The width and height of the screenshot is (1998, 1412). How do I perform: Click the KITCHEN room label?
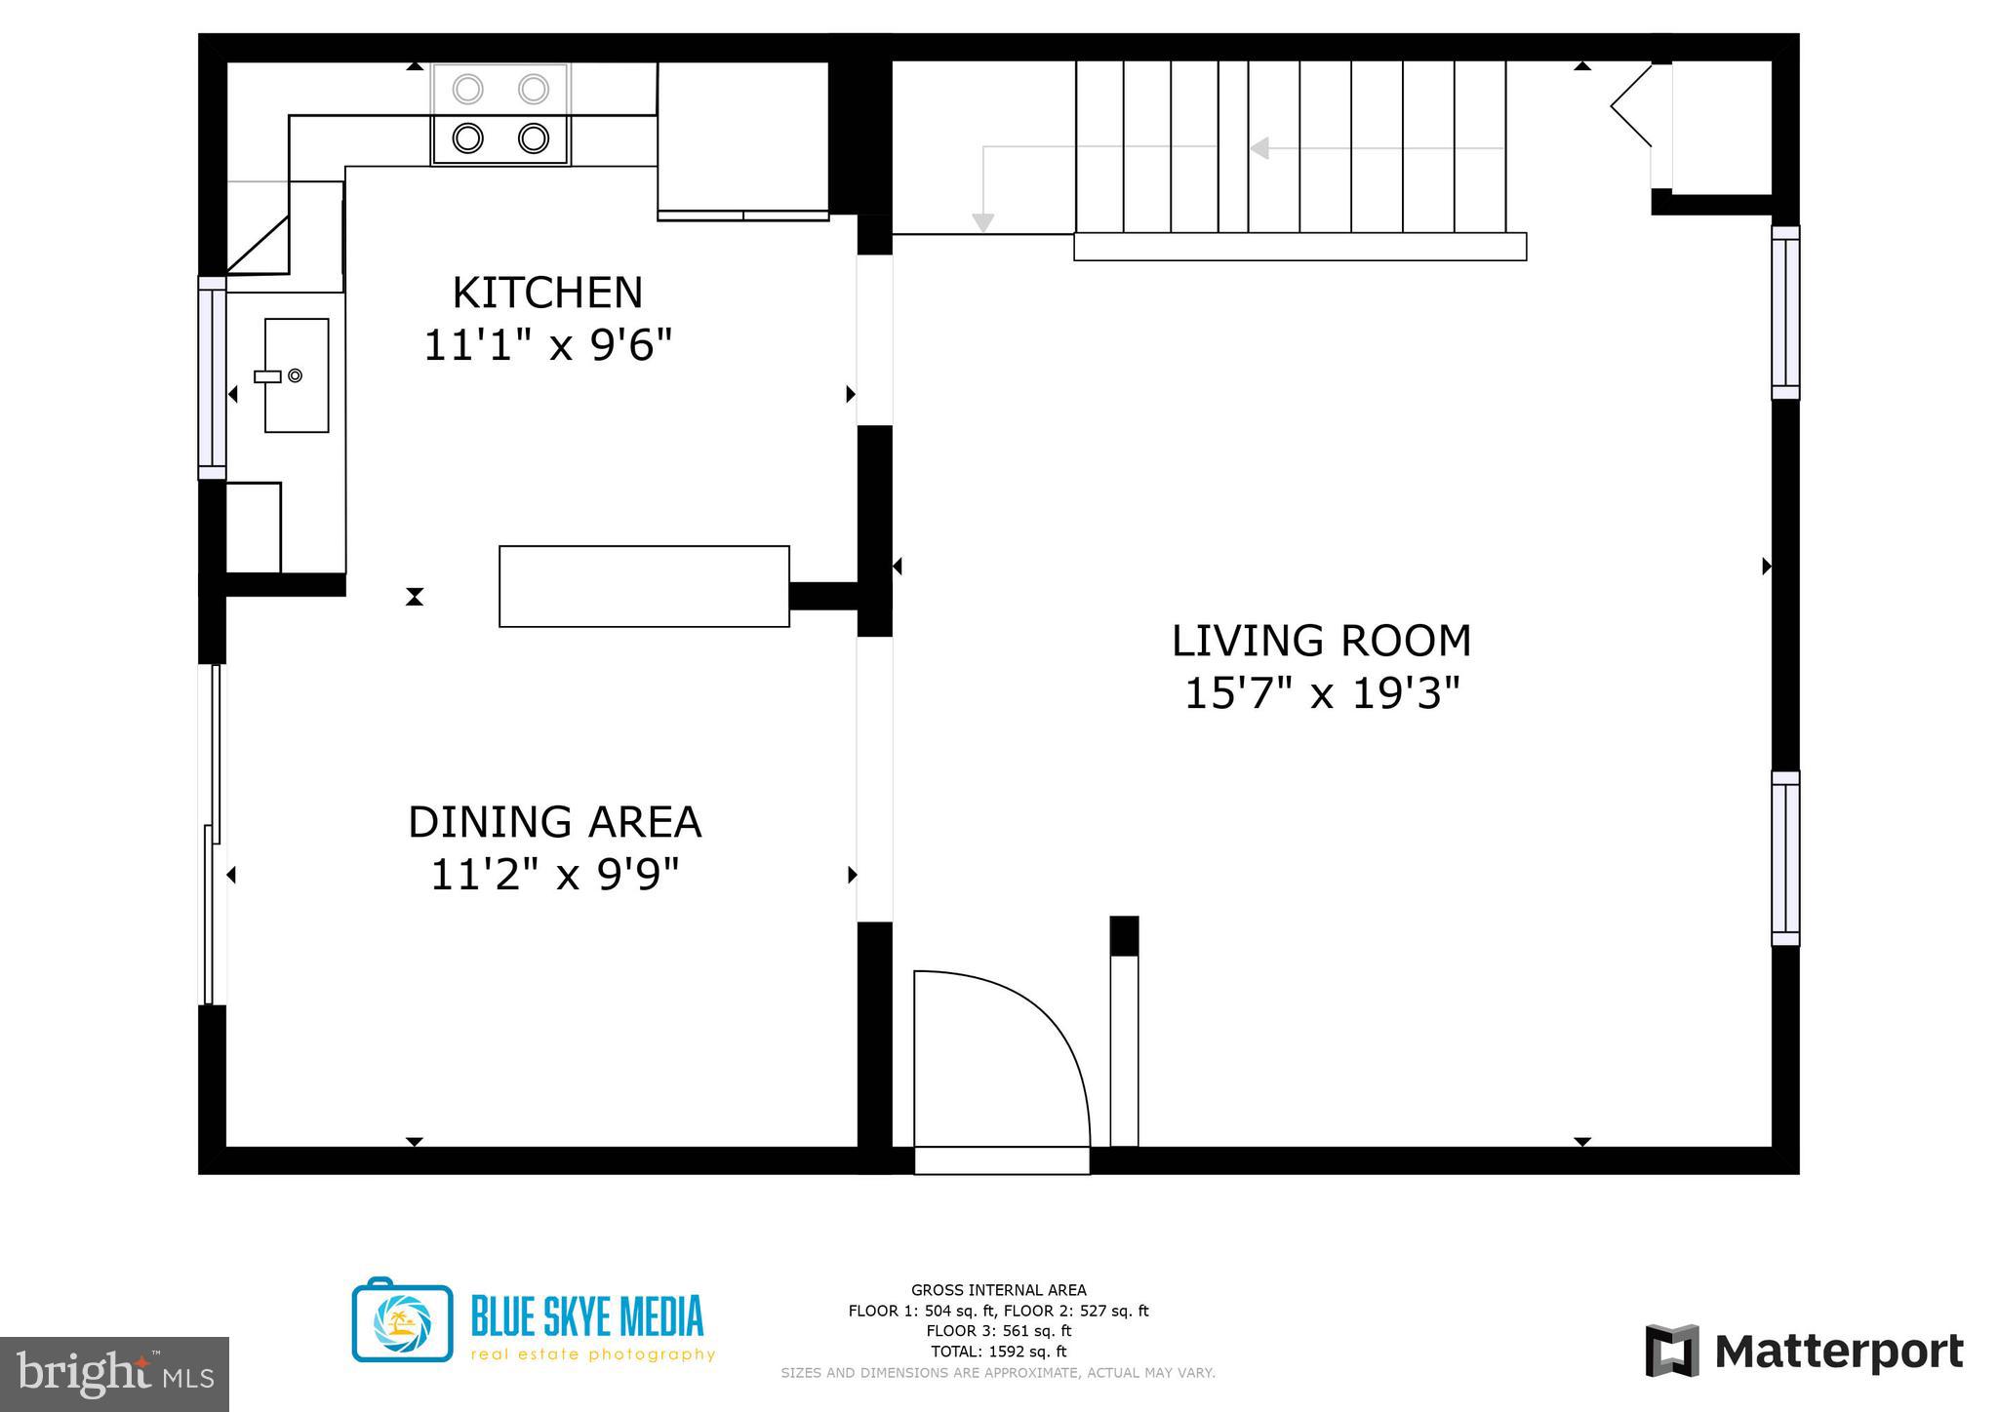click(547, 294)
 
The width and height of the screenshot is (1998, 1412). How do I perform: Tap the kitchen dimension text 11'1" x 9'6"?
click(547, 345)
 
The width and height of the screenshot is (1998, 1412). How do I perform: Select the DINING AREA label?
click(554, 822)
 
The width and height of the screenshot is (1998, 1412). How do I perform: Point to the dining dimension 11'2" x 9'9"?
click(554, 875)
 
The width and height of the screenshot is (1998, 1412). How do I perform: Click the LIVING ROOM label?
click(1321, 642)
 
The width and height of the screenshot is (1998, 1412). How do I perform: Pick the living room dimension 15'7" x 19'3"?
click(1321, 694)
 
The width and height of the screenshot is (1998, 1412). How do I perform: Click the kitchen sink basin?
click(297, 375)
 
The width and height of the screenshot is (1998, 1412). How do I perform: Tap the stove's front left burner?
click(468, 138)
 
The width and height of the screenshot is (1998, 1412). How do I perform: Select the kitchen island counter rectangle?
click(644, 586)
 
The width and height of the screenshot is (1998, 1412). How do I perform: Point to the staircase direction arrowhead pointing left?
click(1259, 148)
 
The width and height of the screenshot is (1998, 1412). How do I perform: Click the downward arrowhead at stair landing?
click(983, 223)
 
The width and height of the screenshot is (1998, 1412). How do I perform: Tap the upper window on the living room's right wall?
click(1785, 313)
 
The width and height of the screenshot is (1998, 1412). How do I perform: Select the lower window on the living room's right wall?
click(1785, 858)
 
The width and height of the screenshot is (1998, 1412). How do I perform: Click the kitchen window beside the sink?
click(212, 377)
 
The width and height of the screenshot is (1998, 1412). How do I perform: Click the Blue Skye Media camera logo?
click(402, 1321)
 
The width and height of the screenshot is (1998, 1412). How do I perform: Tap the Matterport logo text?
click(1838, 1353)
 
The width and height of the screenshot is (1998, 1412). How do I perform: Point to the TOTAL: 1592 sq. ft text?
click(998, 1352)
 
